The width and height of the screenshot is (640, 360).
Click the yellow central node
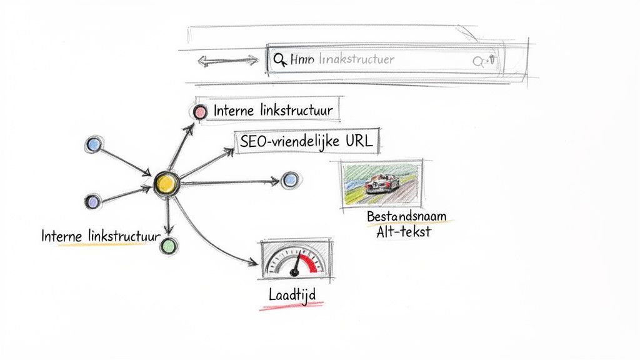point(166,182)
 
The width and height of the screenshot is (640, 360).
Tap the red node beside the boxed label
point(199,112)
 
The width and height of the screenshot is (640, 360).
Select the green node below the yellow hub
point(167,246)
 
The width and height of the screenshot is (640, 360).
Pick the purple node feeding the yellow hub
point(92,201)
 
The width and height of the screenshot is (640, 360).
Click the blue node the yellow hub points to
point(289,181)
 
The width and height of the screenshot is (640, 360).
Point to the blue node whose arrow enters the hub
point(94,144)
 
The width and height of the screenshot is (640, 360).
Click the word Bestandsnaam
point(406,216)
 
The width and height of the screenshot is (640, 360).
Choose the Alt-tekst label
point(403,232)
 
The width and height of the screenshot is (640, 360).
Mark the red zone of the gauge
point(311,261)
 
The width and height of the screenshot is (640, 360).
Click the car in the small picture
point(382,182)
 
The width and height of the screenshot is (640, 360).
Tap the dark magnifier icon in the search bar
point(279,60)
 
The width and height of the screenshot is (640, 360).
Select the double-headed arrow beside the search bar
point(227,61)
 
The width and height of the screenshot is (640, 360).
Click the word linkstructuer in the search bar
point(356,59)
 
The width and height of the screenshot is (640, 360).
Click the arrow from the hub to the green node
point(167,216)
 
